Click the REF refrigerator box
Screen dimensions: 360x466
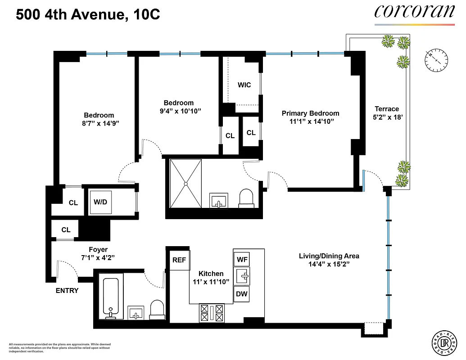tap(179, 260)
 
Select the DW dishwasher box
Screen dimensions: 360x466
tap(241, 294)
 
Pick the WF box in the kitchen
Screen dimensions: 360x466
tap(241, 259)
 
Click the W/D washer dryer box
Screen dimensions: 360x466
tap(100, 202)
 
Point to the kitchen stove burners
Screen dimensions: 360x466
tap(212, 313)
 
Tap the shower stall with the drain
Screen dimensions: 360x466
tap(185, 184)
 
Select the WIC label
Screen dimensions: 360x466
tap(244, 85)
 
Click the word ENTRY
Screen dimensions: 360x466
tap(67, 291)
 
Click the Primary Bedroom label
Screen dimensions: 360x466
tap(310, 113)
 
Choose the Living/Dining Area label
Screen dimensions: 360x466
tap(329, 256)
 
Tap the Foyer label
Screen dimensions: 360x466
tap(98, 250)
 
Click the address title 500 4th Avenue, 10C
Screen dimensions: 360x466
tap(88, 15)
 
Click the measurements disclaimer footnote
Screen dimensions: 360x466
tap(59, 347)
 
